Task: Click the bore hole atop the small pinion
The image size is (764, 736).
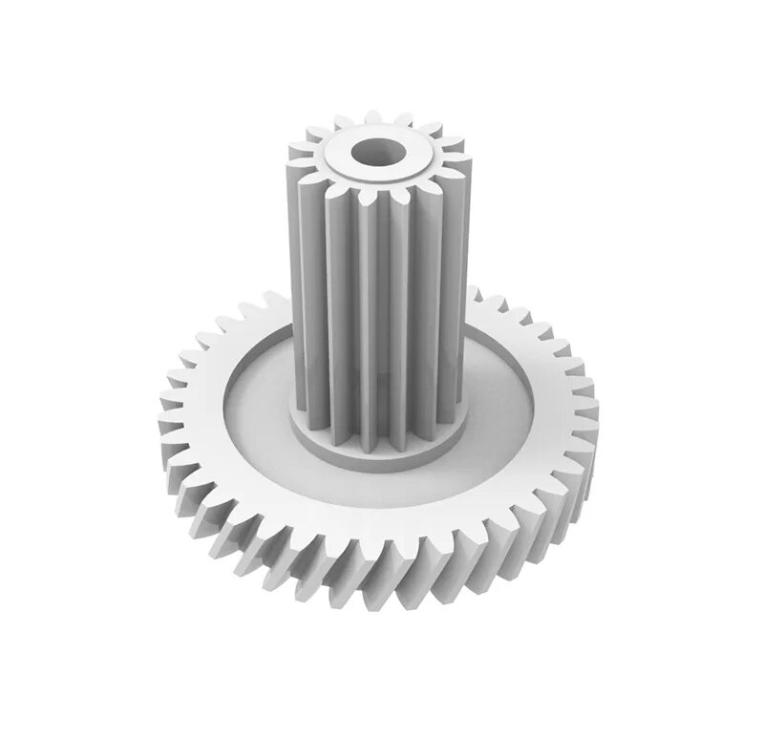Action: [x=375, y=152]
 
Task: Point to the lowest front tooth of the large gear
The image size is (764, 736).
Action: [x=382, y=592]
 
